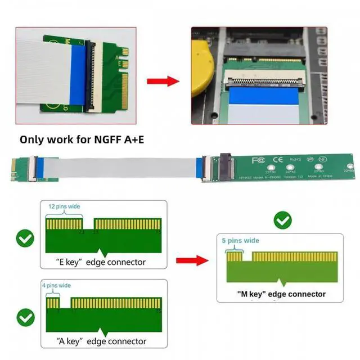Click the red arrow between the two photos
(163, 81)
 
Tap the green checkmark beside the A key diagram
(25, 318)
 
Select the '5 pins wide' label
(241, 241)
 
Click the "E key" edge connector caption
(101, 262)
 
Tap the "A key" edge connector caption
(101, 341)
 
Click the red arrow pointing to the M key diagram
(191, 261)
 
